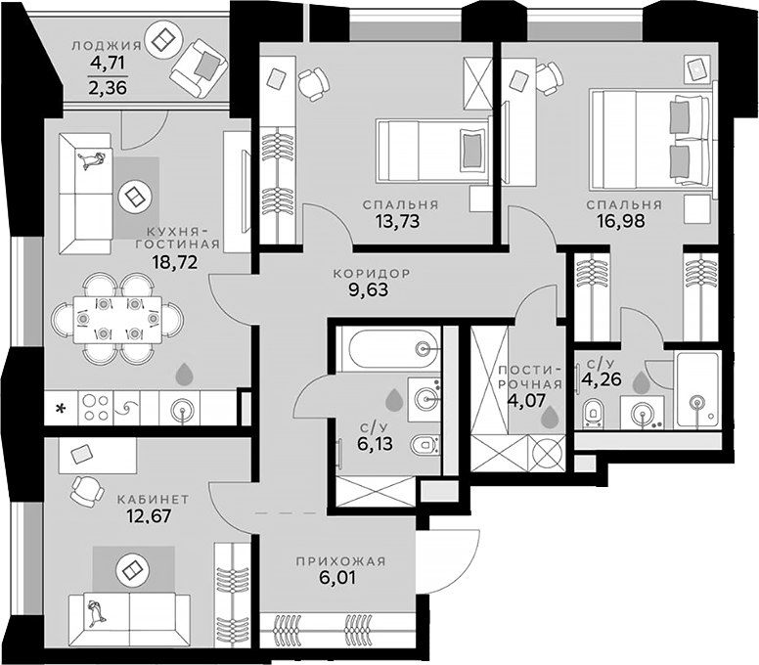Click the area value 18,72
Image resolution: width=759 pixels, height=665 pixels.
(175, 263)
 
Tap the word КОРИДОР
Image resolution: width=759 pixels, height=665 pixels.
(372, 274)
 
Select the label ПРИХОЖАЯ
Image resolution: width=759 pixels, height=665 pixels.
(340, 561)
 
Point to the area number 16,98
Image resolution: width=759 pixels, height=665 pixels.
(624, 221)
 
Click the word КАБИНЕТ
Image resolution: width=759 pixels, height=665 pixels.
(153, 499)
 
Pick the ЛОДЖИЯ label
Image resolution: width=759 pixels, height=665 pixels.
(107, 46)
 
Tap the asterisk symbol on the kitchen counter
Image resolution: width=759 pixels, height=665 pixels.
(61, 410)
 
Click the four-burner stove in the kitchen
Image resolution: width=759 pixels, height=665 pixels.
(95, 409)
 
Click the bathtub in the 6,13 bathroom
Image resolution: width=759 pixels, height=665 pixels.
(388, 348)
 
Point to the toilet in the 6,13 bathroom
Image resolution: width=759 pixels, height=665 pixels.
(425, 446)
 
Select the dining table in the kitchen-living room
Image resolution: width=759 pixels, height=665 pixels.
(117, 320)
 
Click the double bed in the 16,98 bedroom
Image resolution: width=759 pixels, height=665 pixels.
(652, 140)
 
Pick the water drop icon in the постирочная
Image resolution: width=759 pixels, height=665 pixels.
(549, 417)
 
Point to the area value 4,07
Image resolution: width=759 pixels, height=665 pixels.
(526, 401)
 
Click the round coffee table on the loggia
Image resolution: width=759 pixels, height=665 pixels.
(163, 41)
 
